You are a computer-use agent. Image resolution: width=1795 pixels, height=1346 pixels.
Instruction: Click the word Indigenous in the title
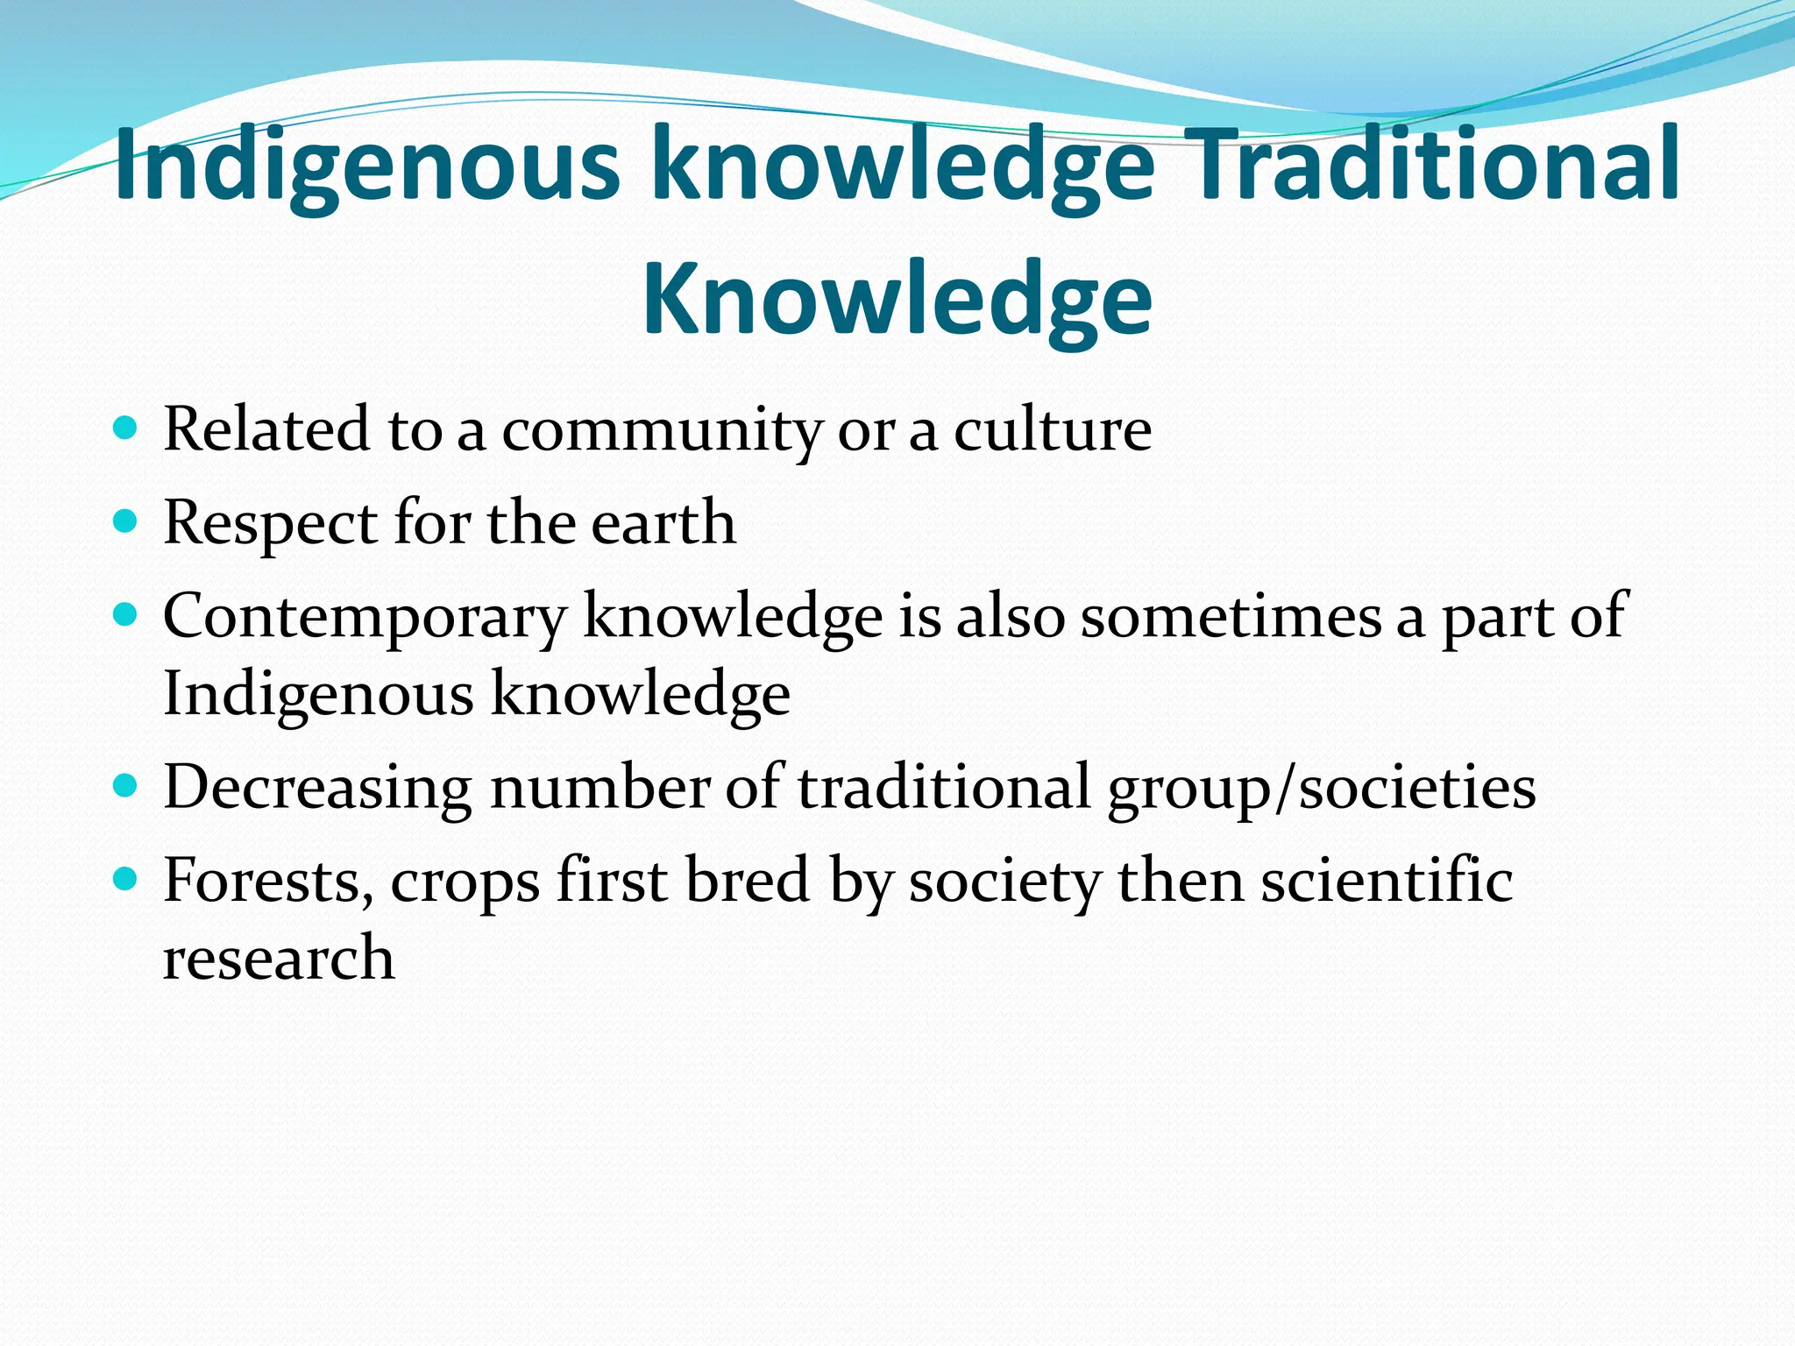click(x=368, y=166)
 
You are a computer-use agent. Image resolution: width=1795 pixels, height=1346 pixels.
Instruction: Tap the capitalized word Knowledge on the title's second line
click(x=897, y=298)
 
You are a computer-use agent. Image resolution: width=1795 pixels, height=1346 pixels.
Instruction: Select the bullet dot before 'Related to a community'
click(x=126, y=429)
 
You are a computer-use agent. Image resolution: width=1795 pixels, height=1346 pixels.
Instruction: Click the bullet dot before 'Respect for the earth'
click(x=126, y=522)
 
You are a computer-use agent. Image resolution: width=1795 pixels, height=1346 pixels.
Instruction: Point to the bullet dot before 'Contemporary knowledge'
click(x=126, y=615)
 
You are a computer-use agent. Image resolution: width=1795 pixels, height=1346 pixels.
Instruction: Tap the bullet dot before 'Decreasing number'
click(x=126, y=786)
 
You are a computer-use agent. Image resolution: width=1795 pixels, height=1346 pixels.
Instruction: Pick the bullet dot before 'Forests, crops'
click(x=126, y=879)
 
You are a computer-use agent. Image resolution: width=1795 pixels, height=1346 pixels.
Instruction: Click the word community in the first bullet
click(x=662, y=431)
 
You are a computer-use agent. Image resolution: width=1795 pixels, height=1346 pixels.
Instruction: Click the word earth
click(x=663, y=522)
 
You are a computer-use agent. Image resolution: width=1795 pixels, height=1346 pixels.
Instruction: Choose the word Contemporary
click(x=365, y=617)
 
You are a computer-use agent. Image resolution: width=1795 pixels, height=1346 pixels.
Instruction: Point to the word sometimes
click(x=1231, y=615)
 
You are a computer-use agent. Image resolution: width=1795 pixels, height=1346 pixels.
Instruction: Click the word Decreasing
click(x=318, y=788)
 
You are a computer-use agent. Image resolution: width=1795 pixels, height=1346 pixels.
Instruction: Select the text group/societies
click(x=1322, y=788)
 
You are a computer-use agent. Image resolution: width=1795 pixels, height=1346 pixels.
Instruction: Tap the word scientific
click(x=1387, y=880)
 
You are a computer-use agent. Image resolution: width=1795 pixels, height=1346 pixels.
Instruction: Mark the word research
click(x=279, y=957)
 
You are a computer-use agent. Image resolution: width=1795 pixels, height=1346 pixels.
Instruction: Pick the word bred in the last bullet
click(x=747, y=880)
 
